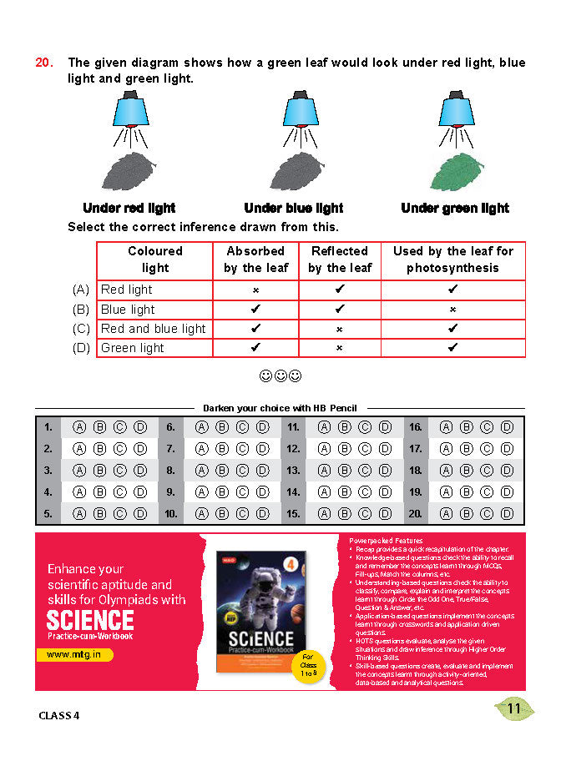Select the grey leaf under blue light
(293, 169)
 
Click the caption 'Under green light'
(455, 208)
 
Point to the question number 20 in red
(45, 63)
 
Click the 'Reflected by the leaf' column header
(339, 260)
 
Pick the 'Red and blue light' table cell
(153, 329)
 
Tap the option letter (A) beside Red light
(81, 290)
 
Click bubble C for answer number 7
(242, 449)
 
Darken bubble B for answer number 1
(99, 427)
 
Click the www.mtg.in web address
(75, 655)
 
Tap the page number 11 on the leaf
(514, 709)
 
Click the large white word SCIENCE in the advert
(90, 620)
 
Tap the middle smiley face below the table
(280, 376)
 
